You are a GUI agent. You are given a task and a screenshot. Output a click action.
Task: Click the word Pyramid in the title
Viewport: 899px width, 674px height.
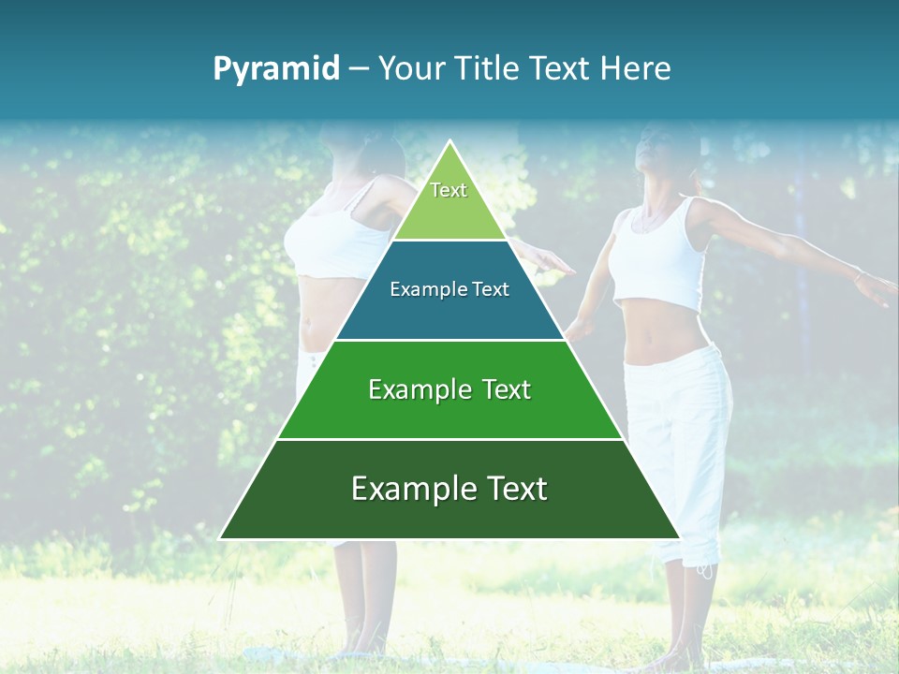pos(276,69)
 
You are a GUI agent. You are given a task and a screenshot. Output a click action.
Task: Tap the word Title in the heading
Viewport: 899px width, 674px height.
pos(492,69)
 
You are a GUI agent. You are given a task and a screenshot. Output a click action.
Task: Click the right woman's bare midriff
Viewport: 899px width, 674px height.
pos(665,337)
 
